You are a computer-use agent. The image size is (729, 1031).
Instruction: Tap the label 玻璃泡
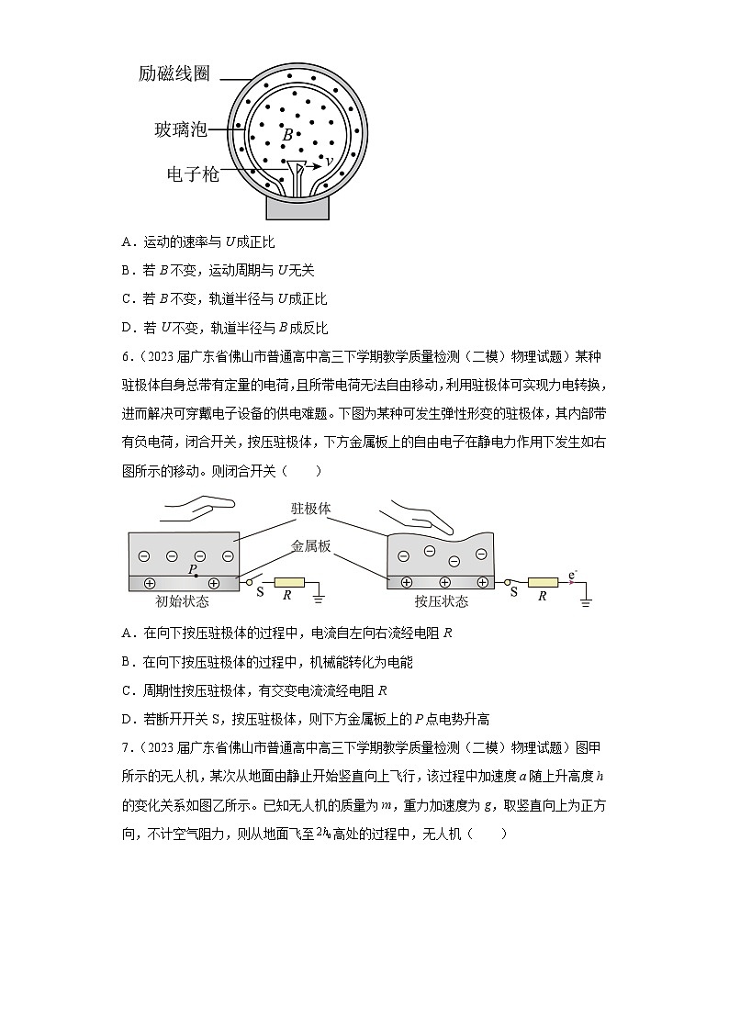(180, 130)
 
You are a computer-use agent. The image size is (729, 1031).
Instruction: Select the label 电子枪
(193, 174)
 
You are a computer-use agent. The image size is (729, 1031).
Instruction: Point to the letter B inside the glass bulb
(286, 135)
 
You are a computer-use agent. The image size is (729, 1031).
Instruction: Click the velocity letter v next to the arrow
(330, 162)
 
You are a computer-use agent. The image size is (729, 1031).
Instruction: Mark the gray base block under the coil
(297, 207)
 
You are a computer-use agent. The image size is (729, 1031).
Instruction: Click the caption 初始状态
(183, 602)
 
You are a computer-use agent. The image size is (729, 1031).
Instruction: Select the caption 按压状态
(441, 602)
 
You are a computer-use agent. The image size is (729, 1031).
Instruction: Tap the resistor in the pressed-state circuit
(544, 583)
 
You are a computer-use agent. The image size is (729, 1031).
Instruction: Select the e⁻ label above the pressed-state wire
(573, 575)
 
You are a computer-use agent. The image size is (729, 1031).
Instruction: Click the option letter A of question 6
(126, 633)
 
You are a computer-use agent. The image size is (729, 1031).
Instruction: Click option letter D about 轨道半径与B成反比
(126, 328)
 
